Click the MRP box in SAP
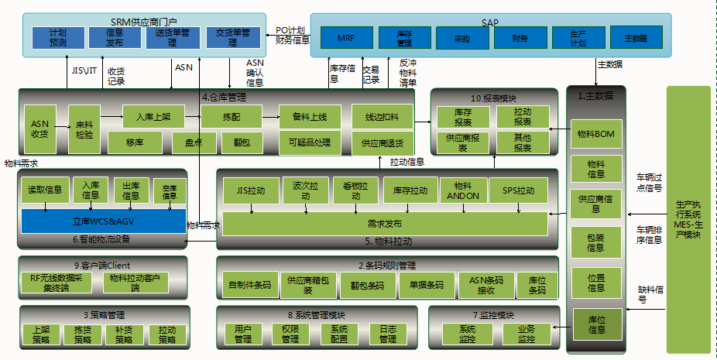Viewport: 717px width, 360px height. (345, 37)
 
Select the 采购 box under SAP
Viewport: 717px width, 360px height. (462, 37)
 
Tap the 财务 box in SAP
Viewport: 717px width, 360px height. (520, 37)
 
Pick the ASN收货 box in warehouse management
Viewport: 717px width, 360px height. (39, 129)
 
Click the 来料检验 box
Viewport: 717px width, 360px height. (84, 129)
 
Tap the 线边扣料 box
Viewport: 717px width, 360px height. (382, 117)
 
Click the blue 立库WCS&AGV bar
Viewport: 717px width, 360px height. (103, 221)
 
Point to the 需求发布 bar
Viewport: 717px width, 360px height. (385, 223)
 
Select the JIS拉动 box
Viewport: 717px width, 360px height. (250, 190)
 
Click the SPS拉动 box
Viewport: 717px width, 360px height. (518, 190)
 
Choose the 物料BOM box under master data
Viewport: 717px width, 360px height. (595, 134)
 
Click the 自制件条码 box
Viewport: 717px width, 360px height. (249, 285)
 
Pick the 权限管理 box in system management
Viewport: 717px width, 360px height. (290, 334)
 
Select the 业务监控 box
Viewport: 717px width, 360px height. (527, 334)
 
